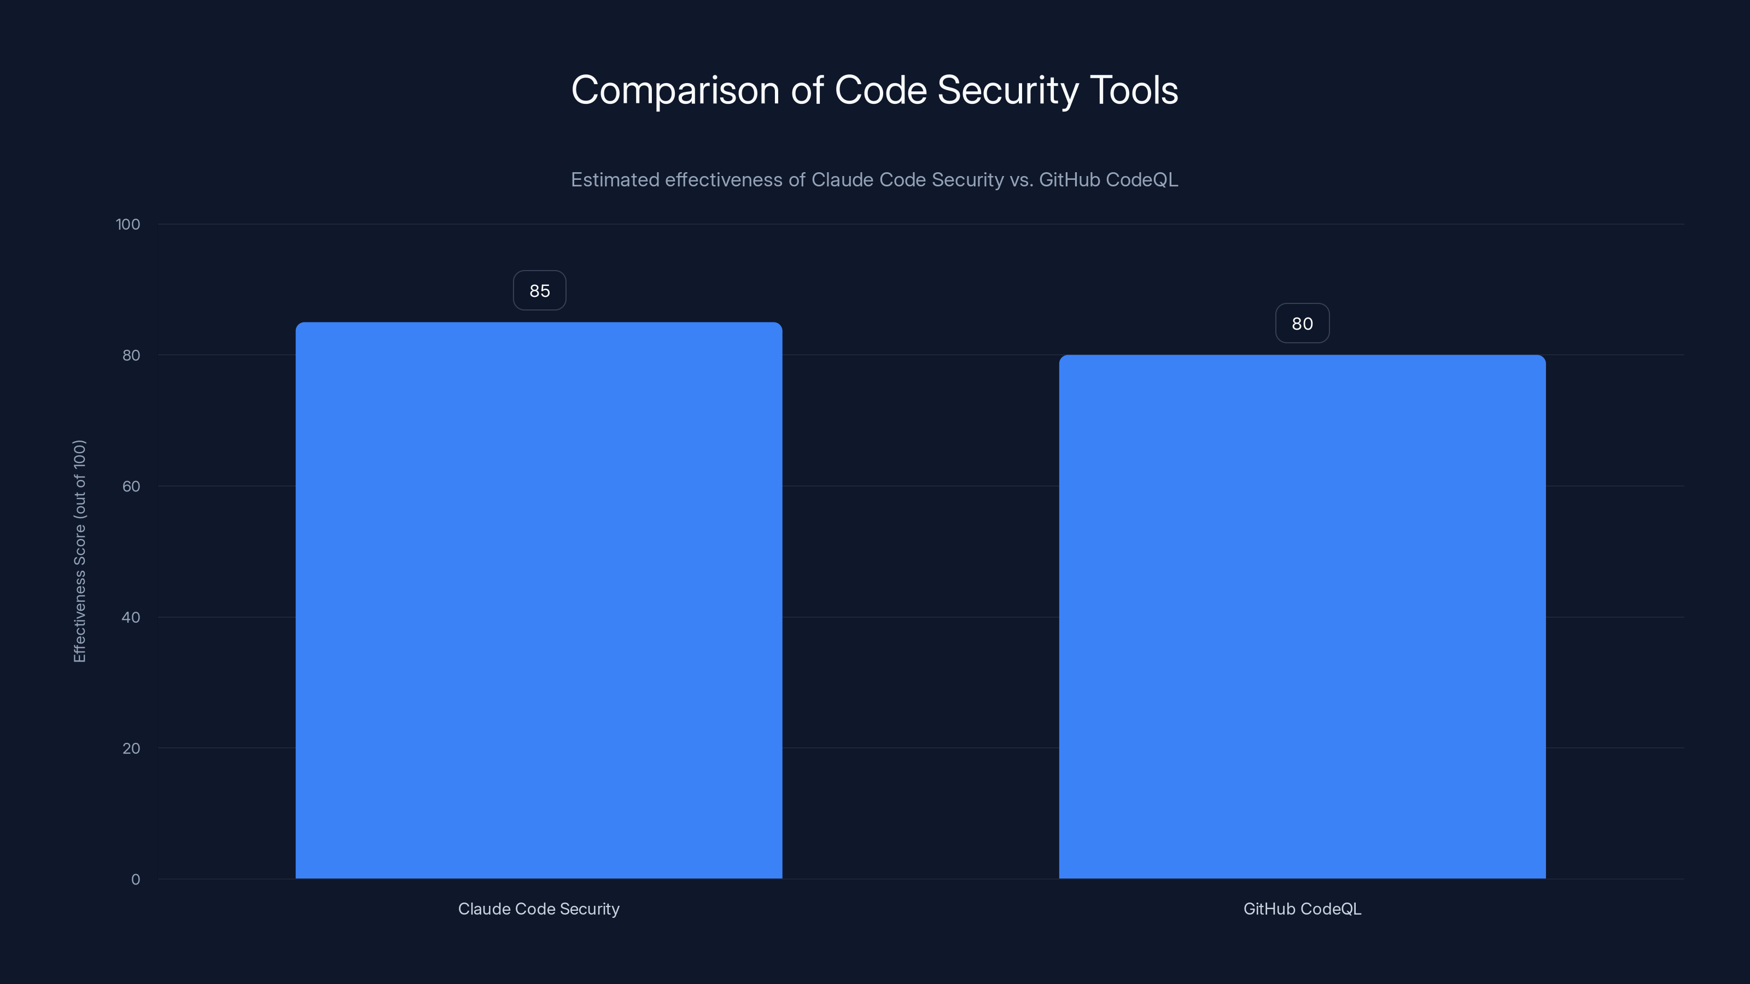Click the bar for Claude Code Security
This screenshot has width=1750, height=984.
[x=539, y=600]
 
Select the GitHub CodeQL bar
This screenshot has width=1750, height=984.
[x=1302, y=617]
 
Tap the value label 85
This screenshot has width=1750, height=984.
[x=539, y=291]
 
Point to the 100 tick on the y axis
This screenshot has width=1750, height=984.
[x=128, y=224]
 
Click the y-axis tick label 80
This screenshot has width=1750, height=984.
[x=131, y=355]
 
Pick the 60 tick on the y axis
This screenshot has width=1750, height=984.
[x=131, y=486]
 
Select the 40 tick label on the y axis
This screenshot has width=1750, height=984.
[x=131, y=617]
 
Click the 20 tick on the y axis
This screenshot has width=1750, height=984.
[x=131, y=748]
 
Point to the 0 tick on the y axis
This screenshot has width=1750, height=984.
[x=135, y=880]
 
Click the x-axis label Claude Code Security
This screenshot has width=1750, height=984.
[x=539, y=909]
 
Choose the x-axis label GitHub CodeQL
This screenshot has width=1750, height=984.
[x=1302, y=909]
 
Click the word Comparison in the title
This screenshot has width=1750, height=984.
[x=675, y=90]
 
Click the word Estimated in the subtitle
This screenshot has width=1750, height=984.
[x=614, y=180]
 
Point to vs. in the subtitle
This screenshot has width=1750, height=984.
[x=1021, y=180]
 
